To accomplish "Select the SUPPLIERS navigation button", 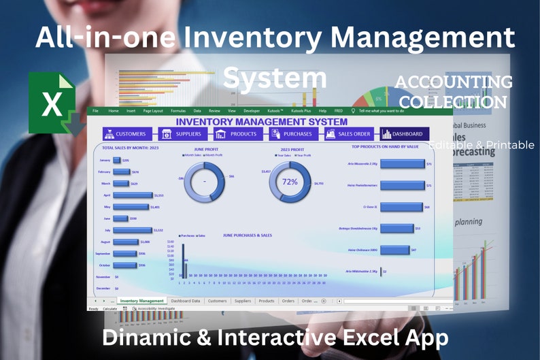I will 183,134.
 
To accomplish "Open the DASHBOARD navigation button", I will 405,134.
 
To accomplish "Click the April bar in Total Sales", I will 133,195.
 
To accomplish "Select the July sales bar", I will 133,230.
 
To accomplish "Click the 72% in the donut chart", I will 290,182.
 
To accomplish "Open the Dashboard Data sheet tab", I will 186,300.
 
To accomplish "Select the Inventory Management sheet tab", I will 141,300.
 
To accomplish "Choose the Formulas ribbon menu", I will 178,110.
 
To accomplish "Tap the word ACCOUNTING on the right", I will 454,82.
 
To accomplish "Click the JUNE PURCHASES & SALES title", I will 247,235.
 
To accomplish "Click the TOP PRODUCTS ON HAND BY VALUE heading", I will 386,146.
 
